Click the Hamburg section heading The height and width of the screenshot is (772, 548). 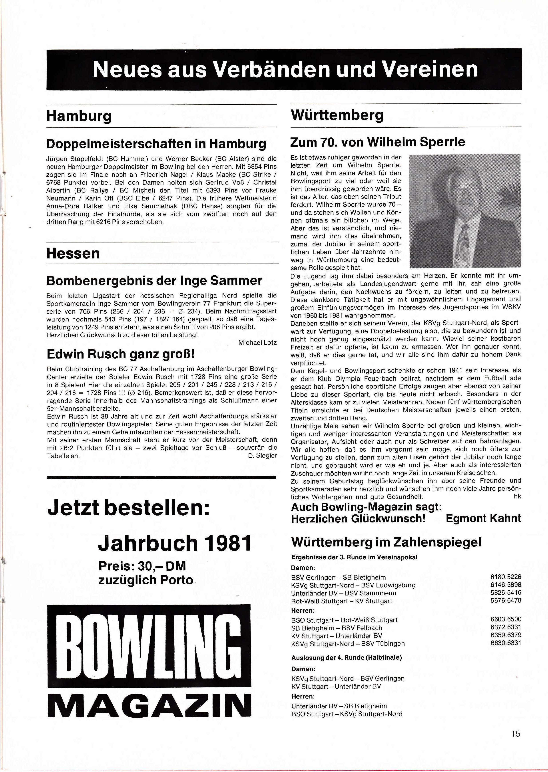tap(79, 116)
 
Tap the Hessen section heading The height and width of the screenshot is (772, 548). tap(73, 254)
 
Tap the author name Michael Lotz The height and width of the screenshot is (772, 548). tap(257, 343)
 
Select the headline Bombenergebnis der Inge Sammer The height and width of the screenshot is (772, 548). tap(154, 281)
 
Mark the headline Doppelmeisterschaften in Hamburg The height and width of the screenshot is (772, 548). tap(156, 144)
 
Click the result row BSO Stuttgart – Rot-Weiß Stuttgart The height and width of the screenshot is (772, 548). tap(344, 620)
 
